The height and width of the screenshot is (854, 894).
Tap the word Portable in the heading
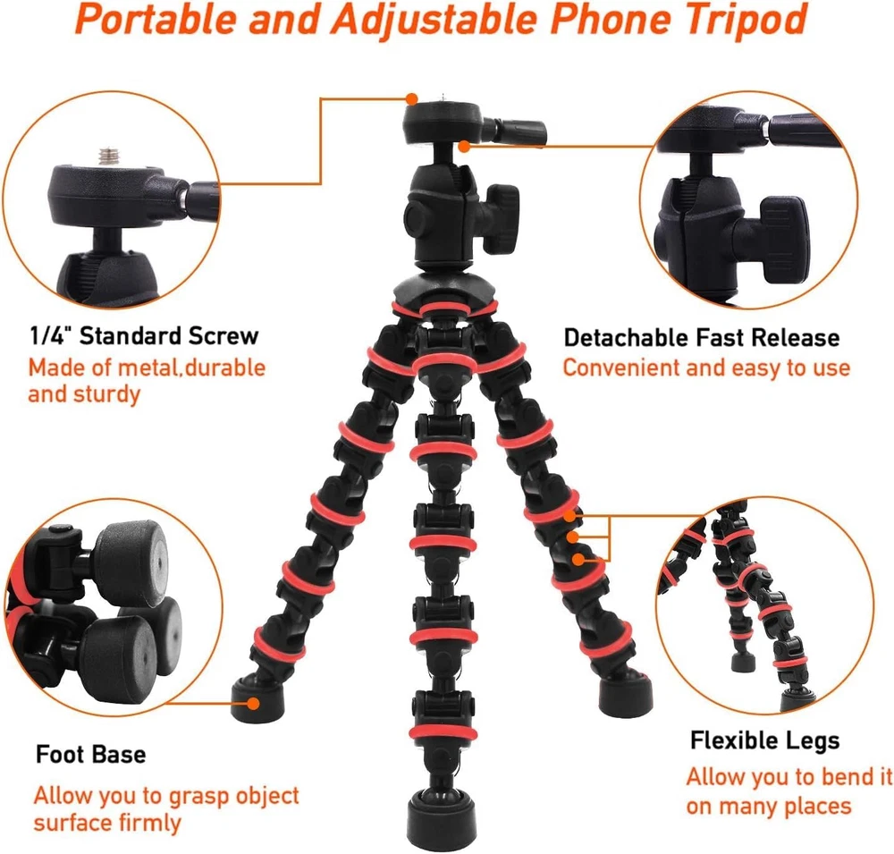[x=155, y=20]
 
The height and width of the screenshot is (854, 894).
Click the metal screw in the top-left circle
[x=109, y=156]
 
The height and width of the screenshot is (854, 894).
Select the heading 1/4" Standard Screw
[x=144, y=335]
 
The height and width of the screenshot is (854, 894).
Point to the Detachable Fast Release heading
[x=701, y=338]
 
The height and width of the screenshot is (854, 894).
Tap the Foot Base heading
[x=90, y=754]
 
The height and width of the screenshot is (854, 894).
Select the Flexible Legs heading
[x=764, y=740]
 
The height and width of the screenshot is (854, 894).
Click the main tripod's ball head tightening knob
[x=500, y=218]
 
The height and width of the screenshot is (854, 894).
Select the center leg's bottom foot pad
[x=442, y=818]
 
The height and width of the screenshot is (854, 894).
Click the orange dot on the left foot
[x=254, y=703]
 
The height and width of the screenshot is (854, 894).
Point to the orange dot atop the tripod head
[x=412, y=98]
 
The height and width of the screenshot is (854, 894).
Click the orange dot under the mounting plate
[x=464, y=147]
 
